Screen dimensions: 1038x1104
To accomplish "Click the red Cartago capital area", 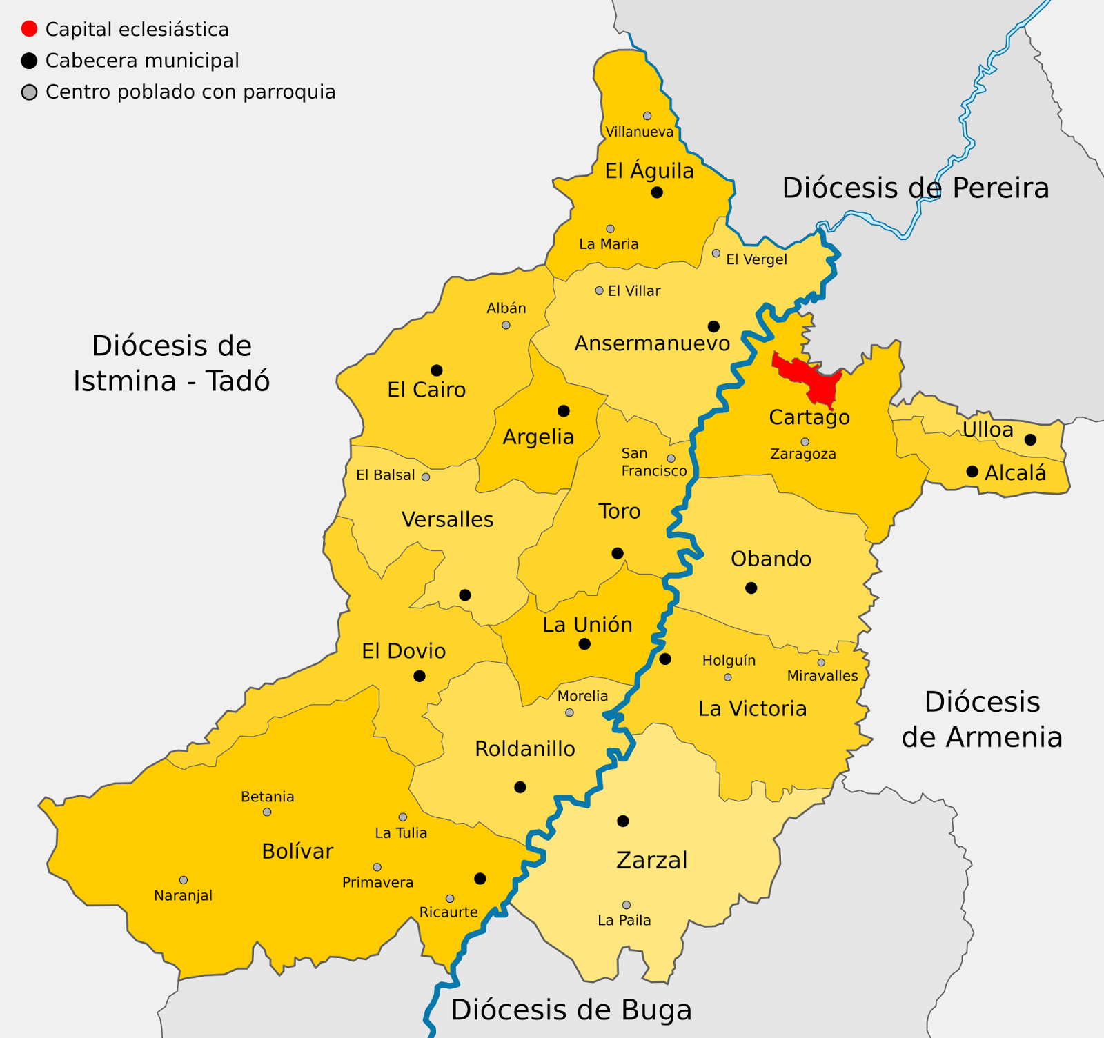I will [811, 376].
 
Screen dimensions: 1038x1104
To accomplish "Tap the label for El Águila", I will [649, 171].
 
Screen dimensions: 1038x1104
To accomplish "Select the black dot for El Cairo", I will [436, 370].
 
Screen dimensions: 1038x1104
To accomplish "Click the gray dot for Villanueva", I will [647, 116].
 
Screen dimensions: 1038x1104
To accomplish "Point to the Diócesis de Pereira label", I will [915, 188].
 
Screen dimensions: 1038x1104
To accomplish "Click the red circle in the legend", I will [29, 29].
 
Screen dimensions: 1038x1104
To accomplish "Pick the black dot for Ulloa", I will [1030, 439].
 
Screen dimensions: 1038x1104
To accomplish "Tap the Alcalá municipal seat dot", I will [972, 472].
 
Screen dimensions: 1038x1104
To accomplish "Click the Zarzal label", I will [651, 860].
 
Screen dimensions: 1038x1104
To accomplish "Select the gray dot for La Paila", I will [627, 905].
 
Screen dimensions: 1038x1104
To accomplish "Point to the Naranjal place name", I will [183, 896].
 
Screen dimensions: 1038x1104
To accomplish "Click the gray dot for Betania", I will [267, 812].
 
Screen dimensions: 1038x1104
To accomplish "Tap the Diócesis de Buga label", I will [571, 1010].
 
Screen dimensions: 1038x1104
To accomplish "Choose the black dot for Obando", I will [751, 588].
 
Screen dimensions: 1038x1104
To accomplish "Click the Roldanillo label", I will [524, 749].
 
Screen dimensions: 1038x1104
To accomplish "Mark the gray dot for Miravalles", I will [821, 663].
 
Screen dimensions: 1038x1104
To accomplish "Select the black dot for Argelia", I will [564, 411].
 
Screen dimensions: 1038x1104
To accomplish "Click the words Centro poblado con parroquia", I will [190, 92].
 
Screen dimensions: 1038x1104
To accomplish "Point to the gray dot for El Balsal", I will [426, 477].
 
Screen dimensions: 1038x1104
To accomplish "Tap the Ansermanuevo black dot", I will [713, 326].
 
